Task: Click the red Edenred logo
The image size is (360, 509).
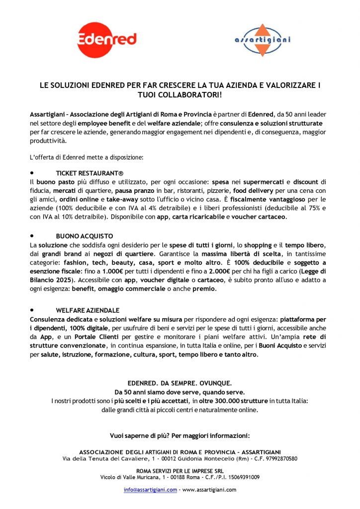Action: [x=107, y=40]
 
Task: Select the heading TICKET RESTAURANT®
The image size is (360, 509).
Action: [x=90, y=173]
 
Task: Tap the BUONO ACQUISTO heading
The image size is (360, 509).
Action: [x=85, y=235]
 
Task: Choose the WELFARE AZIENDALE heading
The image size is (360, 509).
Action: [x=88, y=310]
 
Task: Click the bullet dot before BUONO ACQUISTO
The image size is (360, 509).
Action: [x=32, y=235]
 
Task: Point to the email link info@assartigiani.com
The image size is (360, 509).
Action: [x=150, y=490]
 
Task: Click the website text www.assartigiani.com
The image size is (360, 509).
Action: [x=209, y=490]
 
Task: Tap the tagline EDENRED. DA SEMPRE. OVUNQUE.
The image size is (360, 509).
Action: [x=180, y=383]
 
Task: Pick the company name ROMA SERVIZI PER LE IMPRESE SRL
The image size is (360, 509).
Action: [x=180, y=470]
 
